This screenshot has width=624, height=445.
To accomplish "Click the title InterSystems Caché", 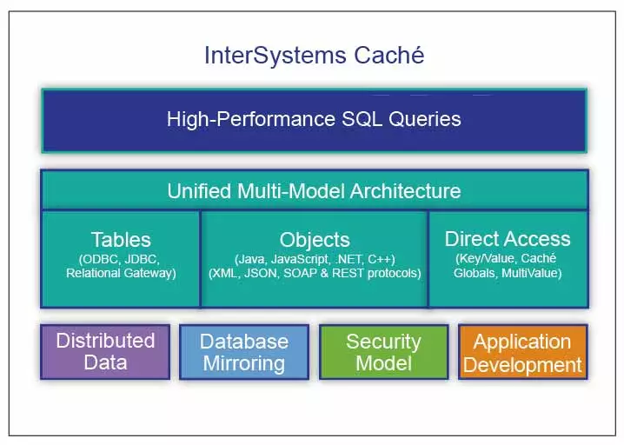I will (x=314, y=56).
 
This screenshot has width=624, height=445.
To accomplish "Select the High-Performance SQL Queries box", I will (x=314, y=119).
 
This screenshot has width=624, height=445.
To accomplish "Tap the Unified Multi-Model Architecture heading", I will (x=314, y=190).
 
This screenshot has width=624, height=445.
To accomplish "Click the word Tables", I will (x=121, y=240).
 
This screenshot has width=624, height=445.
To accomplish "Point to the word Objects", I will (x=315, y=240).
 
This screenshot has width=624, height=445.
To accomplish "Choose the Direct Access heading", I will (x=508, y=239).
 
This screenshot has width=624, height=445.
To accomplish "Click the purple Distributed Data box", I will (x=105, y=351).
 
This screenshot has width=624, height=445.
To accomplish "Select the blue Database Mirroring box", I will (x=243, y=351).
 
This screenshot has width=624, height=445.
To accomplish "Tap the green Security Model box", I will (x=383, y=351).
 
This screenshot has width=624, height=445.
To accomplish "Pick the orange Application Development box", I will (x=522, y=351).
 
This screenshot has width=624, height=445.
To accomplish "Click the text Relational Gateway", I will (x=122, y=274).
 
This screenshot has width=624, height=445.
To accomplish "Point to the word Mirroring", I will (x=243, y=362).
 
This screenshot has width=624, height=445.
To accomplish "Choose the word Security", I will (x=383, y=341).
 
